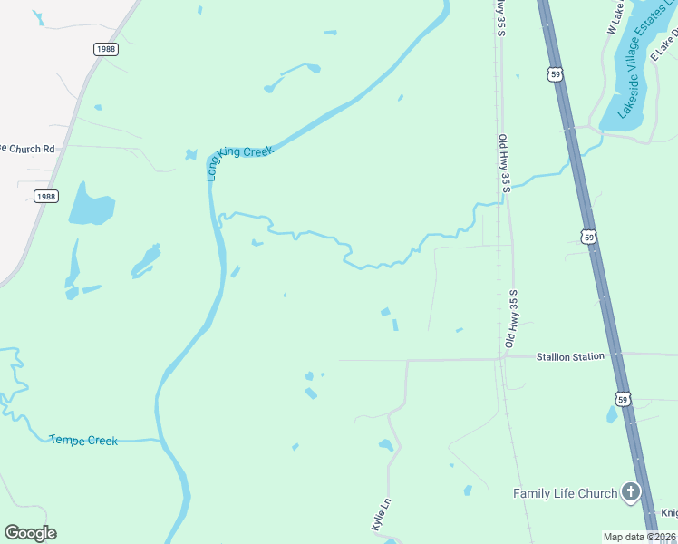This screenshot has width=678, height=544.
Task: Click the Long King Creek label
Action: (x=238, y=159)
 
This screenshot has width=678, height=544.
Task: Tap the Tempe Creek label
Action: (x=83, y=441)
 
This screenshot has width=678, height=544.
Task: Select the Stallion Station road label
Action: (x=569, y=357)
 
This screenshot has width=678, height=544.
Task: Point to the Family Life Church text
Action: (x=566, y=494)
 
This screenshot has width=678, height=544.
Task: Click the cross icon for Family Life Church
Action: (x=630, y=493)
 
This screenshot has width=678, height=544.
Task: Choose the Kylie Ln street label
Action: (x=381, y=514)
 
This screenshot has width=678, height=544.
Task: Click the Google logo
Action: (x=30, y=533)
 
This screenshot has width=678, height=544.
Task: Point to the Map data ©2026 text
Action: (x=640, y=537)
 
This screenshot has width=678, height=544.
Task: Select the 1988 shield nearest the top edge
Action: (x=105, y=49)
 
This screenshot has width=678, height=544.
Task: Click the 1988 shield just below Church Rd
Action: (x=46, y=196)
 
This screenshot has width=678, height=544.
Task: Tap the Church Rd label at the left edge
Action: (x=27, y=148)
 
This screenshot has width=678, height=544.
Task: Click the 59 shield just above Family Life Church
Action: (x=622, y=398)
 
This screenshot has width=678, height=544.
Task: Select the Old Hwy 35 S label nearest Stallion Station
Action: (x=511, y=319)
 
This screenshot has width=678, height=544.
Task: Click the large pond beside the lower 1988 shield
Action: (x=91, y=205)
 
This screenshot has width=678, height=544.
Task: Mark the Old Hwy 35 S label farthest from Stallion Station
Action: (x=504, y=163)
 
